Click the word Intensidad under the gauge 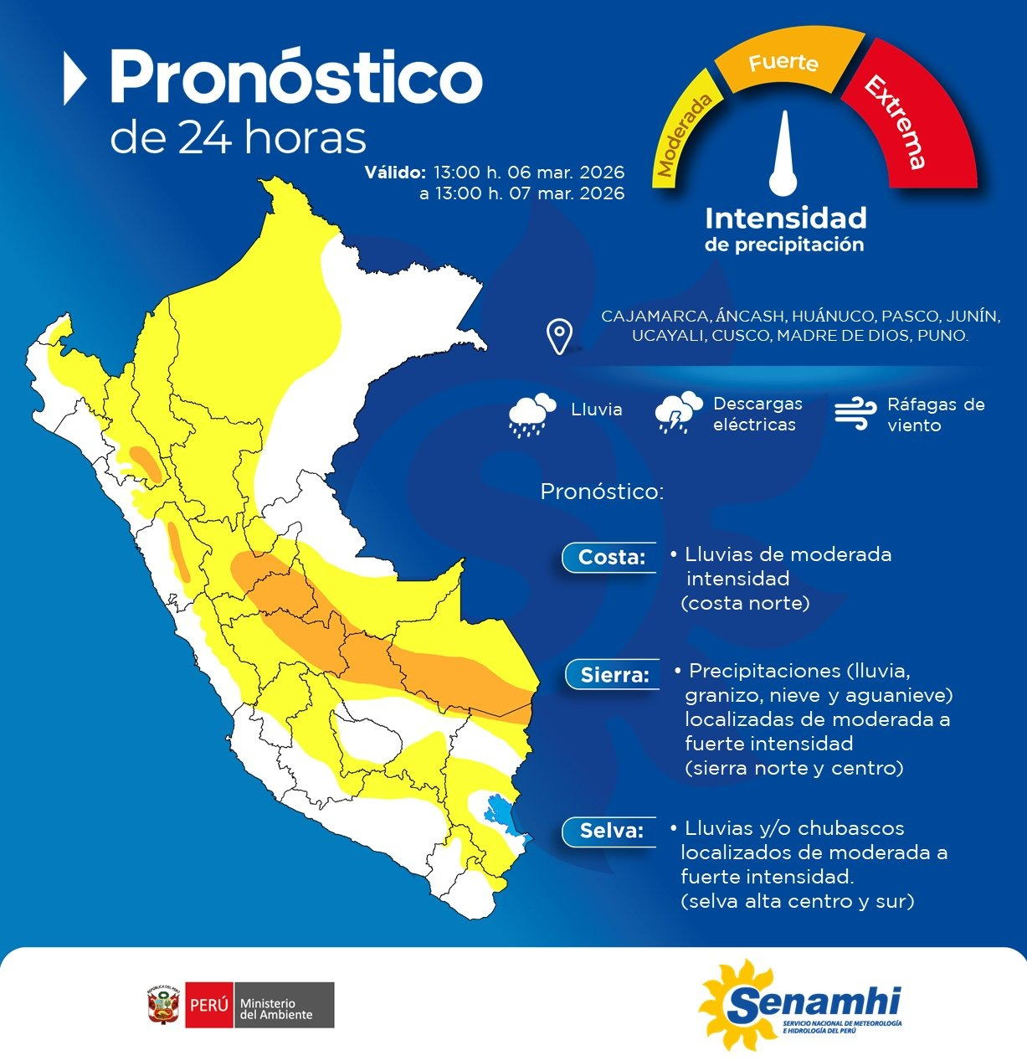pyautogui.click(x=785, y=219)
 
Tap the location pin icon pyautogui.click(x=559, y=337)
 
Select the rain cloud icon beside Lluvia pyautogui.click(x=532, y=414)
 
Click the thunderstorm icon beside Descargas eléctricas pyautogui.click(x=678, y=412)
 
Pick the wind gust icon pyautogui.click(x=855, y=414)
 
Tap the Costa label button pyautogui.click(x=610, y=557)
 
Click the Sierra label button pyautogui.click(x=614, y=674)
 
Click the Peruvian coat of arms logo pyautogui.click(x=164, y=1005)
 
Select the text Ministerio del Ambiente pyautogui.click(x=276, y=1009)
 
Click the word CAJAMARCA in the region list pyautogui.click(x=655, y=317)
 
